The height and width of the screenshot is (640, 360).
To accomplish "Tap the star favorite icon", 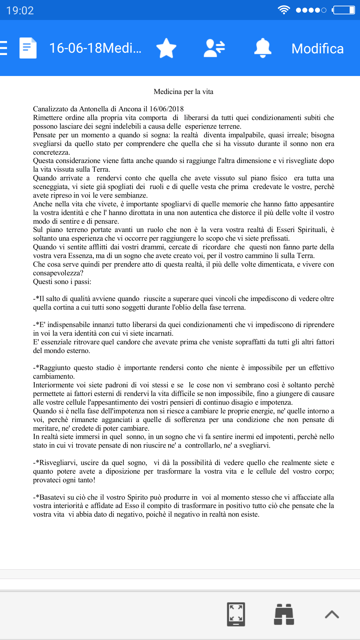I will (166, 48).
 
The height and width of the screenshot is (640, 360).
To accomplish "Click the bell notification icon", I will (263, 48).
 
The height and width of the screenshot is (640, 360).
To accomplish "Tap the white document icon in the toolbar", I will (28, 48).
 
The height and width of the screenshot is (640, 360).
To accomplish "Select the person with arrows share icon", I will (214, 48).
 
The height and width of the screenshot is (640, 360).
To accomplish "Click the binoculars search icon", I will (284, 614).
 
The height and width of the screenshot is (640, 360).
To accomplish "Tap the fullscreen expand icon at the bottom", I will (236, 614).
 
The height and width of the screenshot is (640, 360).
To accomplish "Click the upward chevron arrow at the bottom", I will (332, 614).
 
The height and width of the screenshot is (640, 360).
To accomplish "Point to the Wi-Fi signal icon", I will (284, 10).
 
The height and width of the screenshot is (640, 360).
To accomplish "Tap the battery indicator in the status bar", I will (344, 10).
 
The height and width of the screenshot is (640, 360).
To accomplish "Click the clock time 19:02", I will (20, 10).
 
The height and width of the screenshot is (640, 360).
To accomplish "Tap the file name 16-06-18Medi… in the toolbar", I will (95, 48).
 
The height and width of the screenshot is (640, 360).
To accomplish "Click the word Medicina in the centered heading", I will (168, 92).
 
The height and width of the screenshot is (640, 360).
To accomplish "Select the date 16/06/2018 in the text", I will (166, 109).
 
